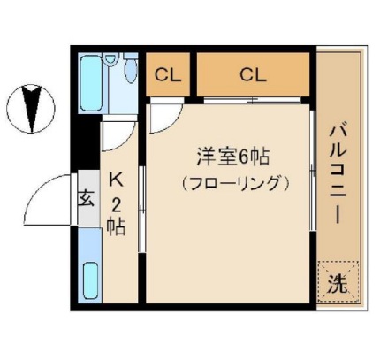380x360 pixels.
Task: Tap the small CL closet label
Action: click(168, 74)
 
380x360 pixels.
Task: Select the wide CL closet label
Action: click(253, 74)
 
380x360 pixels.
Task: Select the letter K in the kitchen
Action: click(115, 180)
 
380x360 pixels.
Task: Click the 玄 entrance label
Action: click(87, 197)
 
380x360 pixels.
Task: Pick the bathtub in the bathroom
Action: click(91, 84)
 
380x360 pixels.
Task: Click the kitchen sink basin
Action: click(90, 282)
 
